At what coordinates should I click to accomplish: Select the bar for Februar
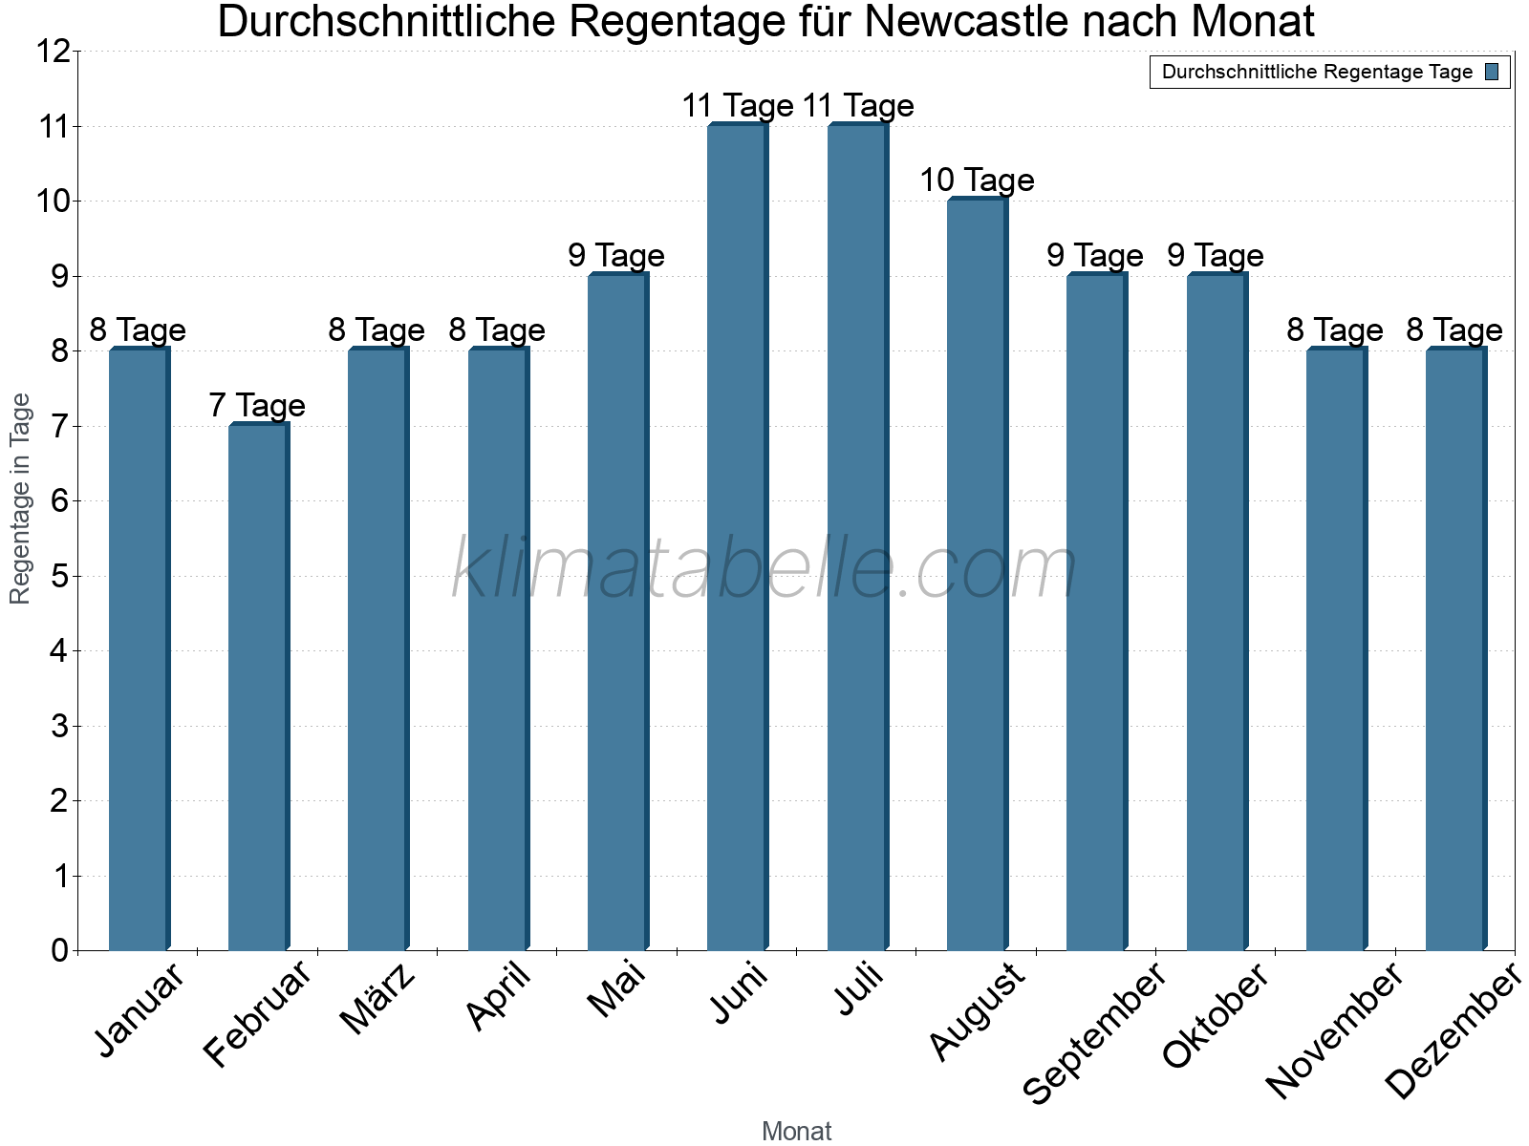click(x=258, y=688)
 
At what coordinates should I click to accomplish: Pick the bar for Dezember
click(x=1455, y=649)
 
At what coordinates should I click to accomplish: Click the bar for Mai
click(x=617, y=612)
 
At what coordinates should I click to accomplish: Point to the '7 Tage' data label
click(x=257, y=406)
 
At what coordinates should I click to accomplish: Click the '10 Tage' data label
click(x=977, y=180)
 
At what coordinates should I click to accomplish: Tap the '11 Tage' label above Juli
click(x=858, y=106)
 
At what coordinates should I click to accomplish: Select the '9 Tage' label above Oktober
click(x=1216, y=256)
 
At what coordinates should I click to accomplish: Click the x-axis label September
click(x=1095, y=1032)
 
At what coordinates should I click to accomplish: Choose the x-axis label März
click(x=378, y=999)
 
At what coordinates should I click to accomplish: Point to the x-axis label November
click(x=1334, y=1030)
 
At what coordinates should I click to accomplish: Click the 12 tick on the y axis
click(x=53, y=52)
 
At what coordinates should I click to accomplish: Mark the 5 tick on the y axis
click(x=60, y=576)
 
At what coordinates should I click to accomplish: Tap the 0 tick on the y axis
click(x=60, y=950)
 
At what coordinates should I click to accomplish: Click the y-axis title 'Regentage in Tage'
click(x=21, y=499)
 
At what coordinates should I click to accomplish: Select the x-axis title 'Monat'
click(x=796, y=1132)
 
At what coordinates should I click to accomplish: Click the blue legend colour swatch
click(x=1492, y=73)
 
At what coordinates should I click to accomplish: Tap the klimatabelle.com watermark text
click(x=764, y=569)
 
